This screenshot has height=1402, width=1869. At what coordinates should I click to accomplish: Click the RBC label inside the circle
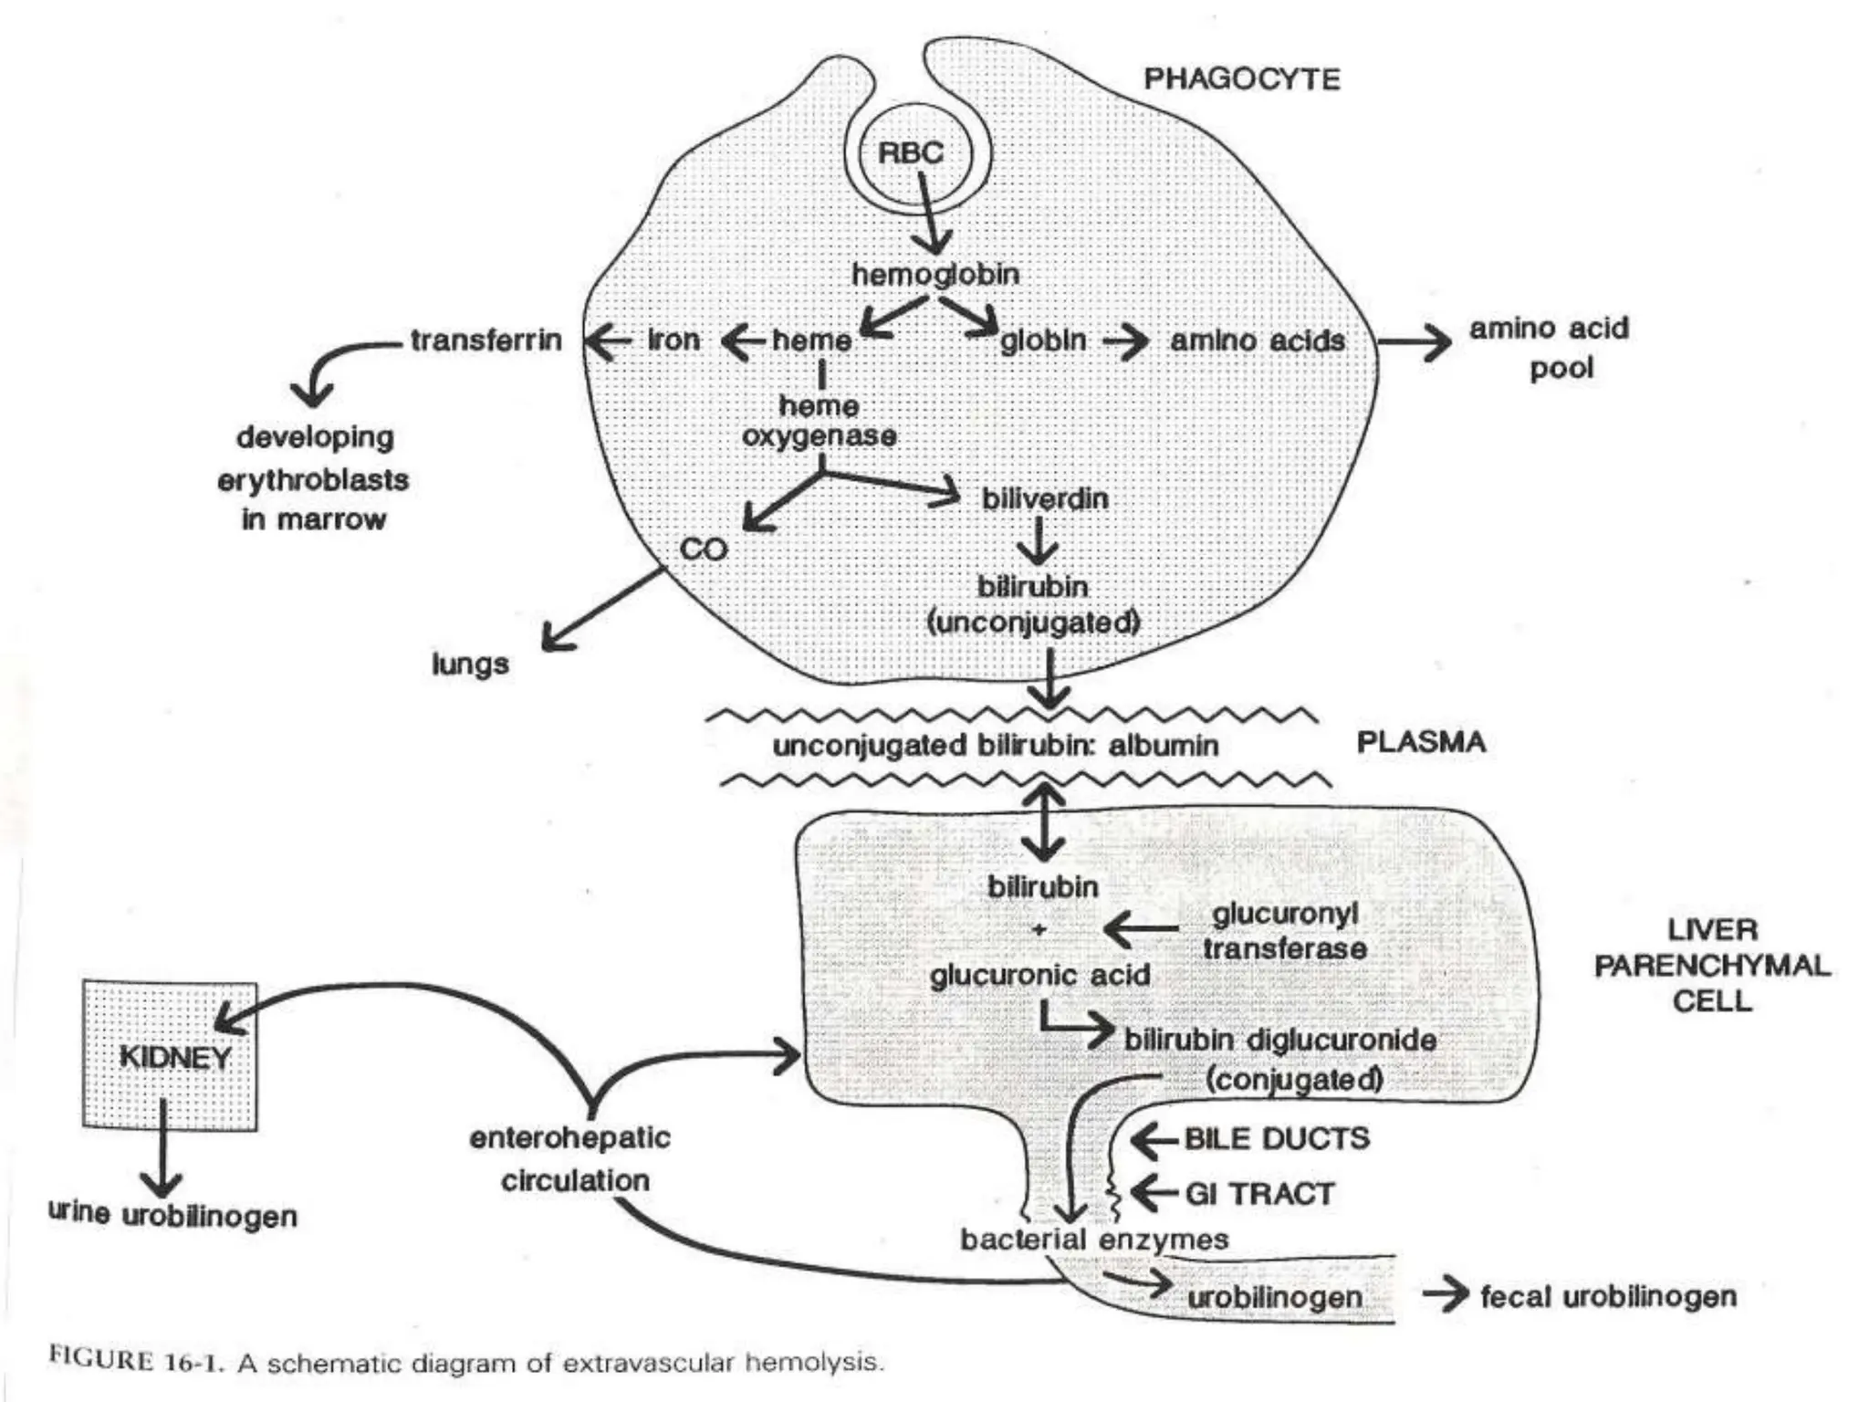(x=910, y=152)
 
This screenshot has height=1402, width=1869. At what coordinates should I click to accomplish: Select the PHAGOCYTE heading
(x=1241, y=79)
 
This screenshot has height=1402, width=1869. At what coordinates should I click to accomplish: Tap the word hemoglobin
(x=935, y=274)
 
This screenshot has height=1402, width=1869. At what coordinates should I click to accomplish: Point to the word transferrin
(x=486, y=340)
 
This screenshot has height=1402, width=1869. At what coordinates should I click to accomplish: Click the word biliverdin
(x=1045, y=499)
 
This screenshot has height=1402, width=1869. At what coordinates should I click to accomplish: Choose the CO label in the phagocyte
(x=704, y=549)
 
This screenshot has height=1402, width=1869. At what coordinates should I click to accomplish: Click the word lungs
(x=470, y=664)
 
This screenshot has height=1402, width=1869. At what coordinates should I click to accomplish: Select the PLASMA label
(x=1421, y=742)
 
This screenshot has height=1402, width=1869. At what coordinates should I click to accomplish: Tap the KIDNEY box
(x=171, y=1056)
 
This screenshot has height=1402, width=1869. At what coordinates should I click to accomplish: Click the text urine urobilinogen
(x=172, y=1216)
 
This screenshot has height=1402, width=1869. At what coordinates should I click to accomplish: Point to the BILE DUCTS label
(x=1277, y=1138)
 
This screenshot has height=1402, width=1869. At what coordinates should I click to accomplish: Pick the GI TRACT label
(x=1259, y=1194)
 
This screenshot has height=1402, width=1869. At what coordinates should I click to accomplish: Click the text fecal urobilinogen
(x=1608, y=1296)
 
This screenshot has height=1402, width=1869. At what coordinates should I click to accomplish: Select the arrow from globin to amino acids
(x=1125, y=342)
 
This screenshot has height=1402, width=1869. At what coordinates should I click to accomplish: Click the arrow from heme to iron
(x=744, y=341)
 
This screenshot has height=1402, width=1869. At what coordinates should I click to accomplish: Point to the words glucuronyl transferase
(x=1285, y=931)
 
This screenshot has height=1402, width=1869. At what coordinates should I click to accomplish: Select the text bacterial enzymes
(x=1094, y=1240)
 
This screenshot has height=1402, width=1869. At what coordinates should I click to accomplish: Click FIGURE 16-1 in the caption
(x=137, y=1359)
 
